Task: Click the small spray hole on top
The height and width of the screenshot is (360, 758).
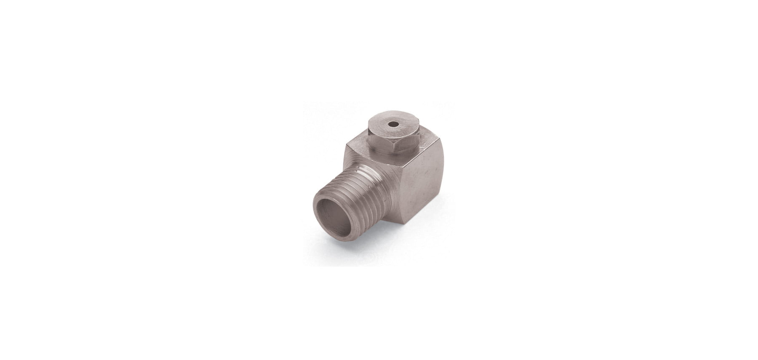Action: (393, 125)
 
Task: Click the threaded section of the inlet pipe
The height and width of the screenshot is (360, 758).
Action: (366, 189)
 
